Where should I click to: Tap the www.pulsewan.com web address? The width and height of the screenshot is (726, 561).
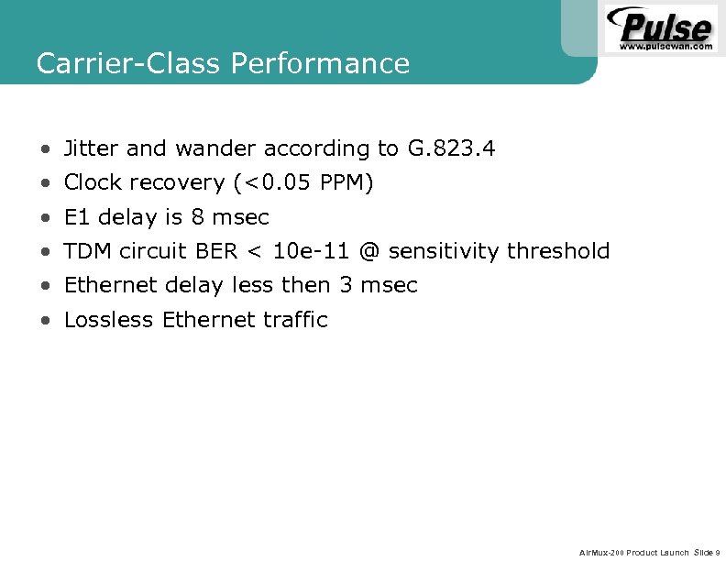665,45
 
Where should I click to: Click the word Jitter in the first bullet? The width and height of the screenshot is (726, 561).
92,148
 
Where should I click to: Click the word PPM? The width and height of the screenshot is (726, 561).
346,183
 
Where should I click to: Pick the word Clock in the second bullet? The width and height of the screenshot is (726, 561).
93,183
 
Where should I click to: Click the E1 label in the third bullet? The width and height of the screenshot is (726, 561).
77,217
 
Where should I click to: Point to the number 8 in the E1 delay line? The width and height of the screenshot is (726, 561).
197,217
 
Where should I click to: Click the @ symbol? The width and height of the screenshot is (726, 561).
369,251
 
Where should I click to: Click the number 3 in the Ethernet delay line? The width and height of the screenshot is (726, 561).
346,285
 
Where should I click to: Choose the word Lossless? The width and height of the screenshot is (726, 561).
109,320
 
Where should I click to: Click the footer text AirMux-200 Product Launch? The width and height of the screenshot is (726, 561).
634,552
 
